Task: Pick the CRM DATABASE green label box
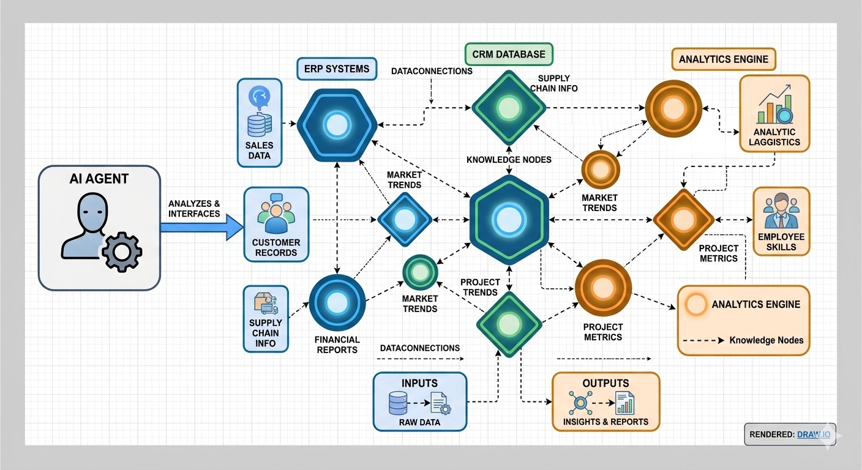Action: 508,54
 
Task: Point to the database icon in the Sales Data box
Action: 259,125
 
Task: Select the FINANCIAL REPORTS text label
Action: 337,345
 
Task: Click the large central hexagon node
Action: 509,220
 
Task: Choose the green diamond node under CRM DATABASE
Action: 508,108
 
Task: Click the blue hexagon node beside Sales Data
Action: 336,126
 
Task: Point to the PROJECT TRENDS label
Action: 480,287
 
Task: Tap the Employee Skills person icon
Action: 781,211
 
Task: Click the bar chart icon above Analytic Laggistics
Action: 773,108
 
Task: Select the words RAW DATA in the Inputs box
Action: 419,422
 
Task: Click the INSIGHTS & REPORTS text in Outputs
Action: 605,422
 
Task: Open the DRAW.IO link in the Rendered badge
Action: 814,435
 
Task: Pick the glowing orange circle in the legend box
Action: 695,304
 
